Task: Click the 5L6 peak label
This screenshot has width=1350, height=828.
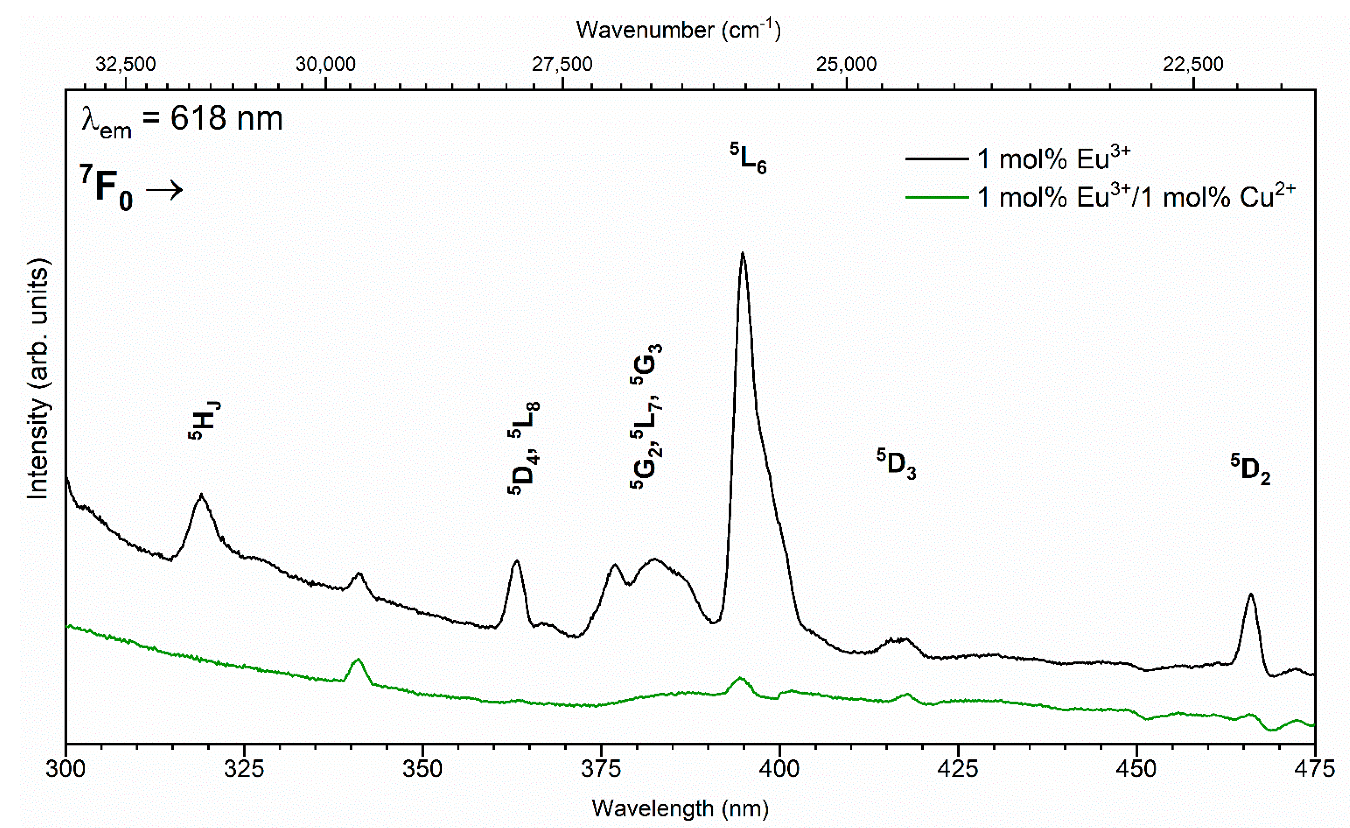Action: click(x=749, y=159)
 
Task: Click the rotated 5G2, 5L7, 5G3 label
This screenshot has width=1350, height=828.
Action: click(x=646, y=416)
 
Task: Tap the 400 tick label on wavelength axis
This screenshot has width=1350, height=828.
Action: click(x=779, y=769)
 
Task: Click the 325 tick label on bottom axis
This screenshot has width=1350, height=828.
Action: click(x=244, y=769)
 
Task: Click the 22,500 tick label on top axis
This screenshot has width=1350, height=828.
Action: click(x=1193, y=64)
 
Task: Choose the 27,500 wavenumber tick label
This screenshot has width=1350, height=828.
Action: click(x=562, y=64)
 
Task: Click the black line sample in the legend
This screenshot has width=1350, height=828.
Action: click(x=937, y=159)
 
